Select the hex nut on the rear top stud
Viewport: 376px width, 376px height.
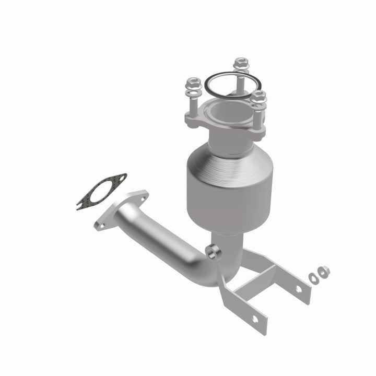click(x=240, y=63)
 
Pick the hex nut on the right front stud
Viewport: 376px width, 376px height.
click(x=258, y=96)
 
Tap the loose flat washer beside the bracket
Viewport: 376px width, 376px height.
click(x=313, y=278)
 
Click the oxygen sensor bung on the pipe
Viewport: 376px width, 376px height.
click(x=213, y=252)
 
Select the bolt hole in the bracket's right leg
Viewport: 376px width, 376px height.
click(x=299, y=288)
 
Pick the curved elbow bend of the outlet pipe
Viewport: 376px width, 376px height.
click(x=209, y=272)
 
